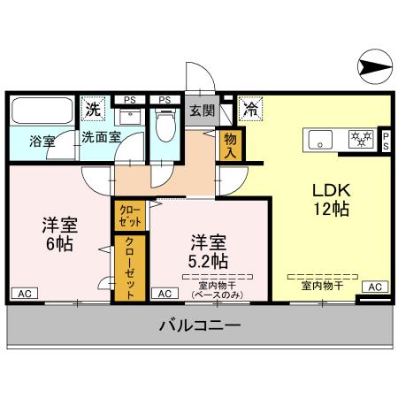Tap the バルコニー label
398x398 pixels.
pyautogui.click(x=200, y=325)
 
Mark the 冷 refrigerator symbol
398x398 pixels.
pyautogui.click(x=249, y=111)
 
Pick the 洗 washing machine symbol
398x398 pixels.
pyautogui.click(x=92, y=111)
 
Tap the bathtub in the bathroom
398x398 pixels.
pyautogui.click(x=43, y=112)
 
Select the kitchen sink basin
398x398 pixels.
pyautogui.click(x=319, y=139)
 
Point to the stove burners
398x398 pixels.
pyautogui.click(x=359, y=139)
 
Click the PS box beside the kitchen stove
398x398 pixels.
pyautogui.click(x=387, y=140)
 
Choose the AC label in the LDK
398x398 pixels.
pyautogui.click(x=375, y=287)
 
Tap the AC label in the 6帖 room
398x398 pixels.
pyautogui.click(x=25, y=293)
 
